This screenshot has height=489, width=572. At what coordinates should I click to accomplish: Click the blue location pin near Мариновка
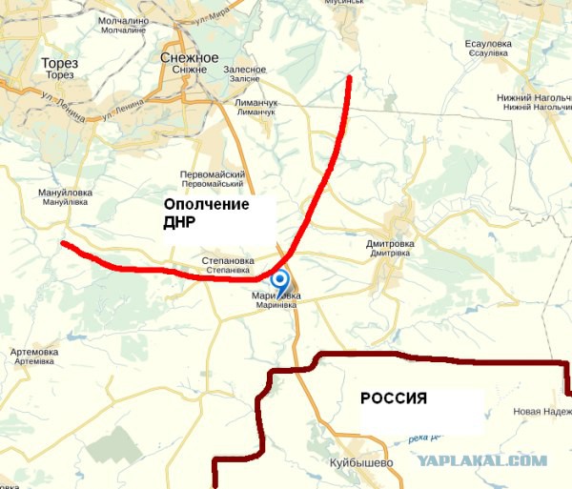(x=280, y=281)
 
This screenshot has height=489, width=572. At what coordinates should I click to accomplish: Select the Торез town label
(x=59, y=64)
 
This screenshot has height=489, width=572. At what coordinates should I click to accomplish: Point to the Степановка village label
(x=228, y=260)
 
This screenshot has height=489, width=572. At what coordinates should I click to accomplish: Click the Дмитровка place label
(x=389, y=244)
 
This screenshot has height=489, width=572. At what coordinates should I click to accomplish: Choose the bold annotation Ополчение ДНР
(x=206, y=214)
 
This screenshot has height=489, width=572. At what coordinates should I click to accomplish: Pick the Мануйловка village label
(x=63, y=193)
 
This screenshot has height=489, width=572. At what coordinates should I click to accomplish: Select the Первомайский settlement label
(x=213, y=174)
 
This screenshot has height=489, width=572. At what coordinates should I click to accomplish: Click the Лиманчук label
(x=255, y=102)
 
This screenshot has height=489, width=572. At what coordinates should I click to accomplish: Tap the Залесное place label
(x=245, y=70)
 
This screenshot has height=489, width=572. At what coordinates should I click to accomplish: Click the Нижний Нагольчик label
(x=533, y=97)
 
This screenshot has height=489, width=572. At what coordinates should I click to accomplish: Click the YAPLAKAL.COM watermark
(x=481, y=460)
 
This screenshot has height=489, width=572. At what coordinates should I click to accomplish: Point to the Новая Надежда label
(x=541, y=412)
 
